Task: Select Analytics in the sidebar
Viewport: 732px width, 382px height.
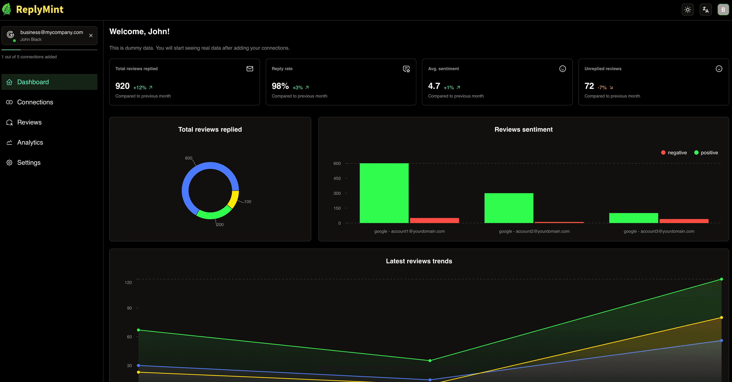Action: coord(30,142)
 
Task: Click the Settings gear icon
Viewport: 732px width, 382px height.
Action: coord(9,162)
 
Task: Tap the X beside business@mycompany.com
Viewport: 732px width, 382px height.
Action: coord(91,35)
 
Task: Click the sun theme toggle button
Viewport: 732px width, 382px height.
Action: coord(688,10)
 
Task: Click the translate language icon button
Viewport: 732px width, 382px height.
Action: coord(706,10)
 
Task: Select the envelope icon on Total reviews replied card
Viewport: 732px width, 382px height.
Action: coord(250,69)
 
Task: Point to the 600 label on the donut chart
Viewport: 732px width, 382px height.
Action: coord(188,158)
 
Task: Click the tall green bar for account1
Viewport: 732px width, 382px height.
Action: coord(384,193)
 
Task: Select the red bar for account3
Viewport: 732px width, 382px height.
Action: coord(684,221)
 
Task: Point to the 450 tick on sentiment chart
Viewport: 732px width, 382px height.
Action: coord(337,179)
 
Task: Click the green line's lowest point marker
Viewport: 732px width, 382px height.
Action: coord(430,361)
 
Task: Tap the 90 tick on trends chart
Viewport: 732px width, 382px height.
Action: coord(129,308)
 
